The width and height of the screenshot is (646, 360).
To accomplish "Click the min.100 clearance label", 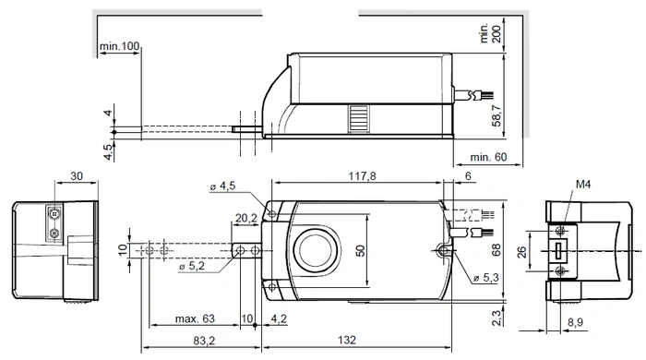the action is click(119, 46).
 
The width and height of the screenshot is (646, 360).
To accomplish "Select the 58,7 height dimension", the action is click(496, 115).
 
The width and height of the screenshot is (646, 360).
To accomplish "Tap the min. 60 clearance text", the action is click(488, 157).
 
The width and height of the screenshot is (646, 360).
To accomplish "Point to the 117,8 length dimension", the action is click(362, 176).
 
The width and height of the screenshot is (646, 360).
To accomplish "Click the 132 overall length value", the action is click(347, 340).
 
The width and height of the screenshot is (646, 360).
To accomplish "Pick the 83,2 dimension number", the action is click(204, 341).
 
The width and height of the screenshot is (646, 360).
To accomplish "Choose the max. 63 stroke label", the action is click(195, 318).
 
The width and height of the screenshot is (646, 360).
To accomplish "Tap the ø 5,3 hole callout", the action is click(486, 278).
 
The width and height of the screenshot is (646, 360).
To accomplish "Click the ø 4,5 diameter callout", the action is click(222, 186).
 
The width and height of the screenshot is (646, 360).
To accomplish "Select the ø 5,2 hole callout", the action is click(192, 266).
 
